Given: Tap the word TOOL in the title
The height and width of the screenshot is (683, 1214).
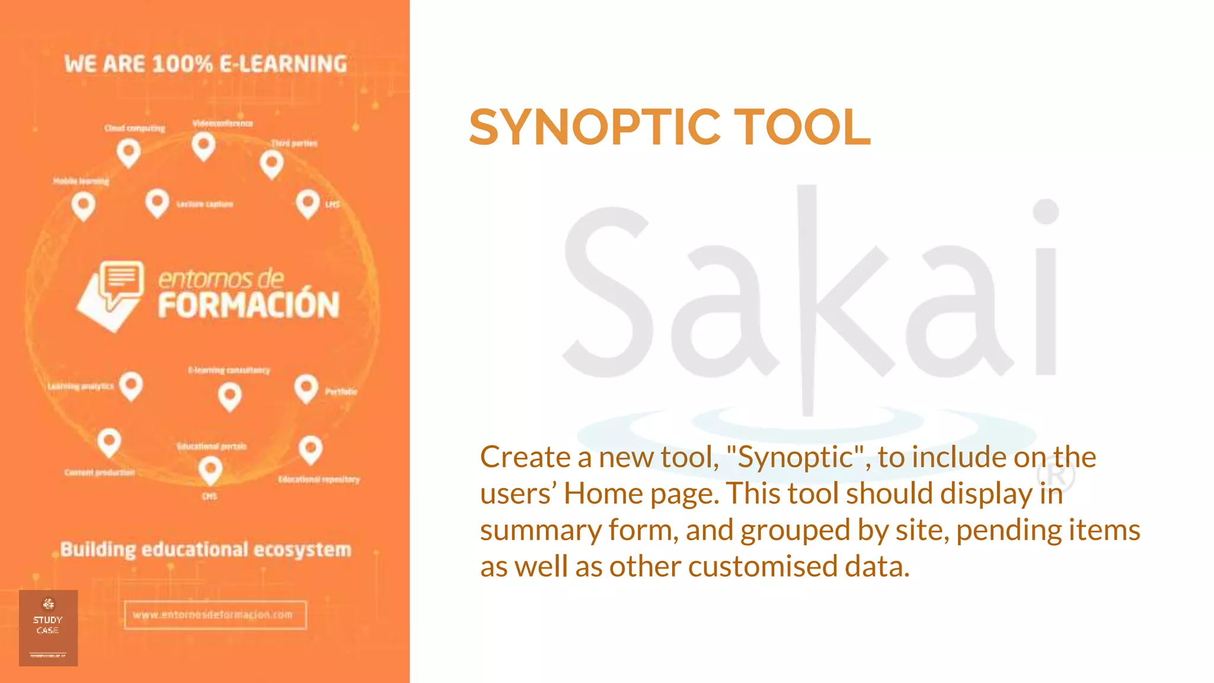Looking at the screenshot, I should tap(803, 127).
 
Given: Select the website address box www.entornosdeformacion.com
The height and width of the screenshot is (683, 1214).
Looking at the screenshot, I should tap(215, 615).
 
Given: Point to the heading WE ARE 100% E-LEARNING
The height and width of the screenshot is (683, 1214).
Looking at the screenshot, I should tap(206, 64).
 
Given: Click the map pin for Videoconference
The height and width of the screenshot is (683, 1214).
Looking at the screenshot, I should tap(203, 145).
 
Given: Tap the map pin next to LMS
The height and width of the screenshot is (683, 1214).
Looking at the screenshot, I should tap(308, 203).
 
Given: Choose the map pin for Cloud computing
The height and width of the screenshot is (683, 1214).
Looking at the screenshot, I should tap(129, 152).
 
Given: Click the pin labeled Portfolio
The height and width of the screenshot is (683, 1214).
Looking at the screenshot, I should tap(306, 388).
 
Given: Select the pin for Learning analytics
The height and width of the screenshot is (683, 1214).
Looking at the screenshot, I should tap(131, 386).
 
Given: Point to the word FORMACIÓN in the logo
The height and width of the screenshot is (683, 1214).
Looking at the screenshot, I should tap(248, 305).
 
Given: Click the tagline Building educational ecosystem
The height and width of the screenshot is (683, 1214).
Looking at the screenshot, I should tap(206, 550).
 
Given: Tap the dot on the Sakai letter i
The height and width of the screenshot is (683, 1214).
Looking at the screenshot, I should tap(1046, 212).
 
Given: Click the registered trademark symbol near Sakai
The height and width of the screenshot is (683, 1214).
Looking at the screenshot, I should tap(1059, 475).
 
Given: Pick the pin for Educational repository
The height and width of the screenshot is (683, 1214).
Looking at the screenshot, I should tap(311, 449).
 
